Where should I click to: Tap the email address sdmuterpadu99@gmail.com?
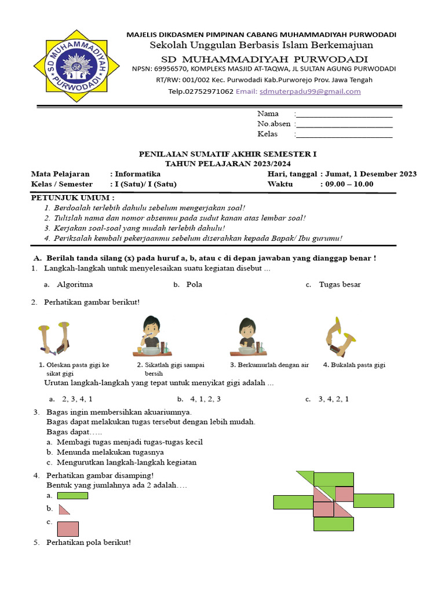point(310,91)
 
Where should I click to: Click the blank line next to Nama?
point(344,114)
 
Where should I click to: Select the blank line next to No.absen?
point(344,124)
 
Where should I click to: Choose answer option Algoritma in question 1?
point(75,284)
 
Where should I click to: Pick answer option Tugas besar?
point(340,284)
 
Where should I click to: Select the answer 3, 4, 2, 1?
point(334,399)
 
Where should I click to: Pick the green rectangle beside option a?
point(72,496)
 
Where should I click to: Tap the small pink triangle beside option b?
point(64,509)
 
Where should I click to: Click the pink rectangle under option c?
point(68,529)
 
